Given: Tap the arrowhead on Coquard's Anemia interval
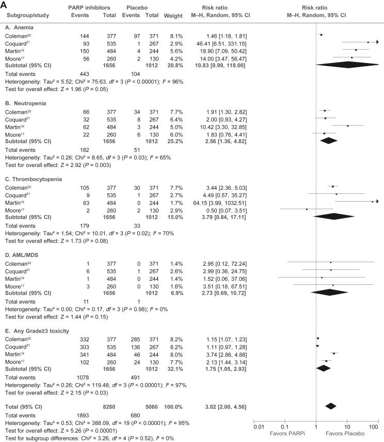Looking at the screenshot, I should (x=376, y=42).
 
